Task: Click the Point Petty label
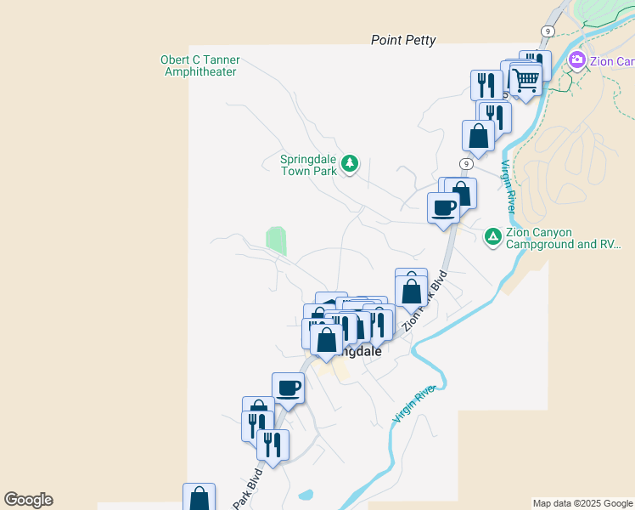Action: point(403,40)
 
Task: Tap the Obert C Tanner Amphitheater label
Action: point(200,65)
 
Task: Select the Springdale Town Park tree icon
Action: point(349,163)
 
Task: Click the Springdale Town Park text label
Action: point(309,164)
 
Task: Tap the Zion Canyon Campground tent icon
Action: point(492,236)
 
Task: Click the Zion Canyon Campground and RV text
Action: point(563,238)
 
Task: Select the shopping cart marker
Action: point(525,81)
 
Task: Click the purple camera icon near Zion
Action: point(577,59)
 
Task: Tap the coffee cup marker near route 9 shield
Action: point(443,207)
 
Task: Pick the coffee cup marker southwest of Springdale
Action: point(288,388)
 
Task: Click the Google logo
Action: point(28,500)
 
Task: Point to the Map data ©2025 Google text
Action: point(582,503)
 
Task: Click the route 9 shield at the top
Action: point(548,31)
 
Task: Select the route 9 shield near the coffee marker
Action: point(467,163)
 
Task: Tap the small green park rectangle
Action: point(276,240)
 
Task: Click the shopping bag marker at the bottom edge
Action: point(199,499)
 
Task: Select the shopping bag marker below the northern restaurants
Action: point(478,136)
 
